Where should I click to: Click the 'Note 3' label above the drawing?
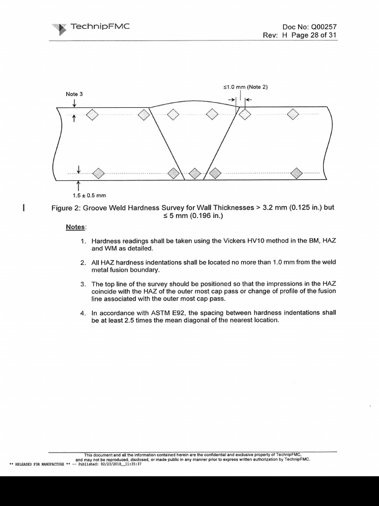coord(75,93)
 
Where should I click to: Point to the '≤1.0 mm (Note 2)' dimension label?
coord(245,87)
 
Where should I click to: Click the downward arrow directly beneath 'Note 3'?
coord(75,102)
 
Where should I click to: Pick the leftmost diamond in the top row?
coord(92,115)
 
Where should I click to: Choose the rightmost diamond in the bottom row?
coord(296,173)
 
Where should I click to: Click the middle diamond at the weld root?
coord(195,173)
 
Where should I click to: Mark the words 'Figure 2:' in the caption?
coord(66,208)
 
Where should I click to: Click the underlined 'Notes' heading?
coord(76,227)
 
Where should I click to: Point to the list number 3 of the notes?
coord(83,284)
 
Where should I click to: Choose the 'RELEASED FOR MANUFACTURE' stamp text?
coord(39,464)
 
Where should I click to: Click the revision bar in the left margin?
coord(24,207)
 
